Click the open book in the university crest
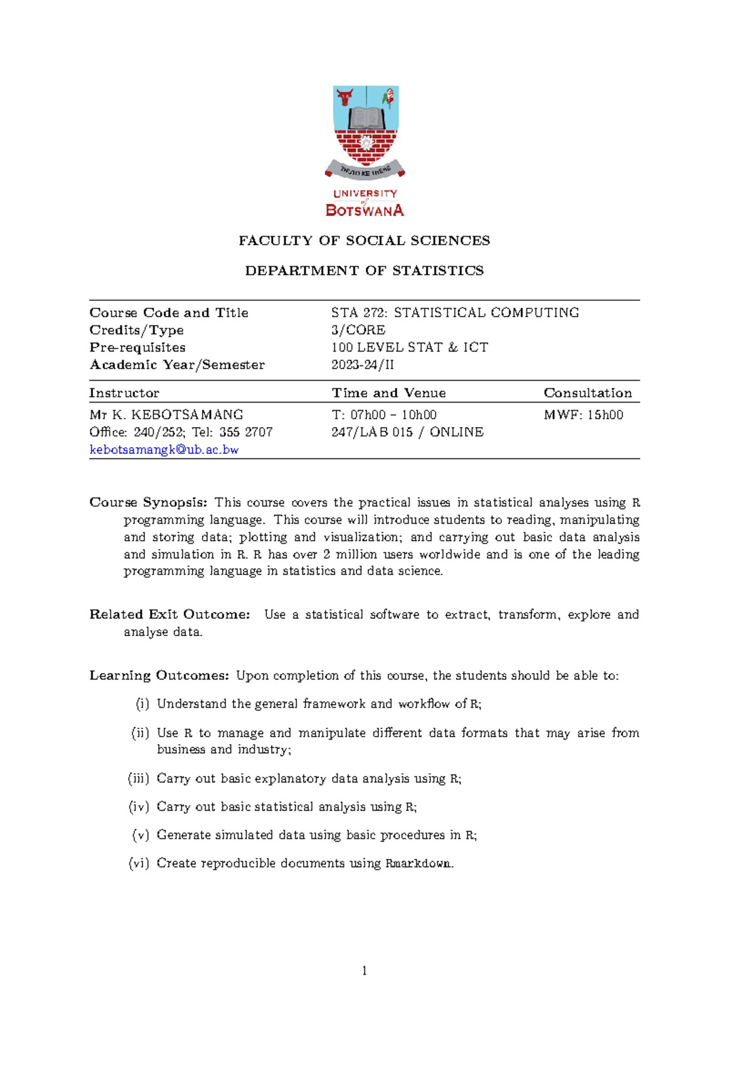[x=365, y=118]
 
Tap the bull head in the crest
[x=344, y=97]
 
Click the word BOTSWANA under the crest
[x=365, y=210]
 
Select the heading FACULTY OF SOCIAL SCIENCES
[x=364, y=241]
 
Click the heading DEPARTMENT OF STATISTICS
[x=364, y=271]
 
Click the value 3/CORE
[x=358, y=330]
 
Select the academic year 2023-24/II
[x=363, y=365]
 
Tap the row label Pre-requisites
[x=137, y=347]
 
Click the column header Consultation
[x=587, y=393]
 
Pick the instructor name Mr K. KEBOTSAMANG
[x=166, y=415]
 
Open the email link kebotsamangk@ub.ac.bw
[x=164, y=450]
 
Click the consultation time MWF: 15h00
[x=583, y=415]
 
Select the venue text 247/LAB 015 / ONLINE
[x=407, y=432]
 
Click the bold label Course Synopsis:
[x=148, y=502]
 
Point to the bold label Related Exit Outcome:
[x=169, y=614]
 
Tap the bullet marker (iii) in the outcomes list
[x=139, y=779]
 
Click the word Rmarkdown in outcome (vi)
[x=419, y=863]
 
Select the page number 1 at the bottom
[x=365, y=971]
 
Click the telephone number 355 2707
[x=246, y=432]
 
